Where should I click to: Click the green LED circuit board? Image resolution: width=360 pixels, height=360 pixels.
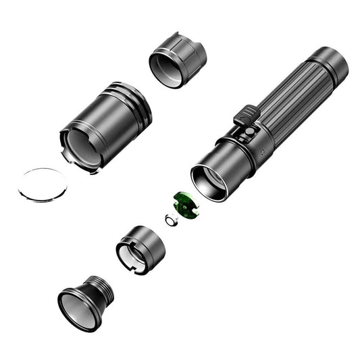pos(182,205)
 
